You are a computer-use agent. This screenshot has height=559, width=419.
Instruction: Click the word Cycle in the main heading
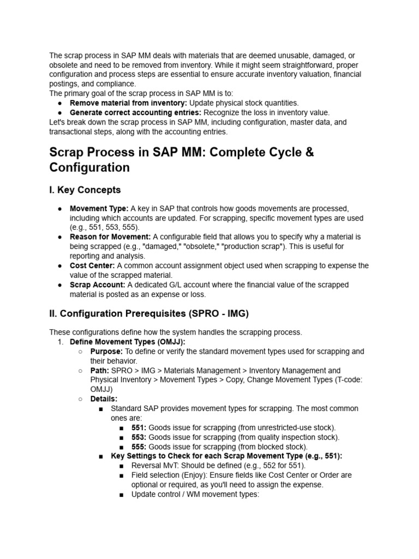click(280, 152)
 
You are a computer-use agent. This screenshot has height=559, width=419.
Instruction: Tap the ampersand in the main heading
click(309, 152)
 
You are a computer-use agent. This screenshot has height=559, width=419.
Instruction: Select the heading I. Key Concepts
click(85, 190)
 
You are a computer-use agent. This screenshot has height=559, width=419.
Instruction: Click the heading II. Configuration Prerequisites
click(149, 313)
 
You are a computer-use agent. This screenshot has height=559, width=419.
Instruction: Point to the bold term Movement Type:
click(99, 209)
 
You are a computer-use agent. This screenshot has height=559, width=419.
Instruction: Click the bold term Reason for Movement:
click(110, 237)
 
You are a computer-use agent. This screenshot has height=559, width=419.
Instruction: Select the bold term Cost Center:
click(92, 266)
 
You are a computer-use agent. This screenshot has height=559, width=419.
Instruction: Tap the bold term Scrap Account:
click(98, 285)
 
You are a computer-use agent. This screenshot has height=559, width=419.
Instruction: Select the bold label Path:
click(99, 371)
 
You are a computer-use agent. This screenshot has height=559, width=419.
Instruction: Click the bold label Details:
click(104, 399)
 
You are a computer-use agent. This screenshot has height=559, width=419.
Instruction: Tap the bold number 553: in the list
click(139, 437)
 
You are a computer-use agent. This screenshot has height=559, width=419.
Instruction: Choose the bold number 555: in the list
click(139, 447)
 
